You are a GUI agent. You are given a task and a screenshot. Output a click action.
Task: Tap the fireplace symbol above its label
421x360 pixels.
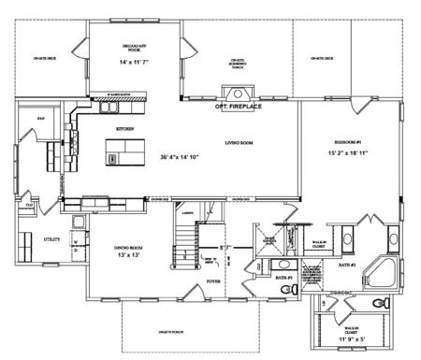(235, 93)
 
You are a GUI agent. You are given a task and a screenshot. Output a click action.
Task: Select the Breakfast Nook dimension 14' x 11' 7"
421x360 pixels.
(134, 62)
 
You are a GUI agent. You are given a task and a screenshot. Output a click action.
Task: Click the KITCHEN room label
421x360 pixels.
(125, 128)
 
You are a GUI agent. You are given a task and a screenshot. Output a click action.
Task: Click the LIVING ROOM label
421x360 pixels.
(240, 143)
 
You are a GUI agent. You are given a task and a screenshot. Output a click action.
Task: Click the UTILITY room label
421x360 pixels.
(51, 239)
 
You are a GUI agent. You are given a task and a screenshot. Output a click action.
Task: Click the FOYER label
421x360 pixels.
(213, 278)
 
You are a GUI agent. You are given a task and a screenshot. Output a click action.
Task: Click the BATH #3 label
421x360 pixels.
(284, 279)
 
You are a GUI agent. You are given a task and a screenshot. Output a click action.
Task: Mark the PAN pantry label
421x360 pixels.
(41, 120)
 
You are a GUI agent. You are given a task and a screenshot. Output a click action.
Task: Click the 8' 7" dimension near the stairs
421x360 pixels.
(225, 248)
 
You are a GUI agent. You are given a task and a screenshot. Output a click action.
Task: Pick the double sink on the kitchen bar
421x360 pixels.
(96, 201)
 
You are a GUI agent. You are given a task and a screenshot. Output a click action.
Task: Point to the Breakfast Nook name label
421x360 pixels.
(134, 48)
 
